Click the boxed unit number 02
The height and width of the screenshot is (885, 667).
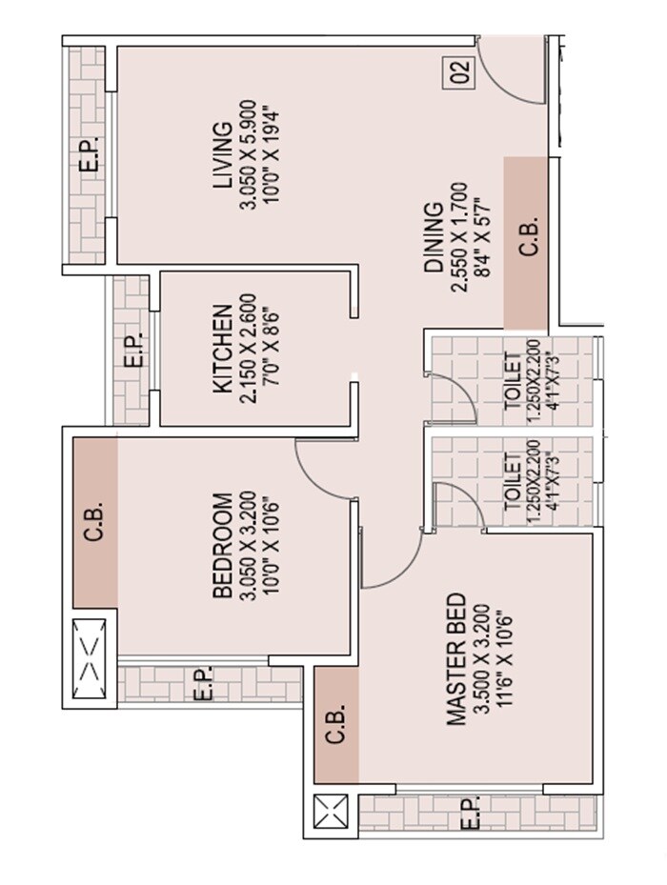click(460, 74)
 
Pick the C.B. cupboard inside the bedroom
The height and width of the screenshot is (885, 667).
click(94, 521)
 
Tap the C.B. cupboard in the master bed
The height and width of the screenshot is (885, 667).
click(336, 725)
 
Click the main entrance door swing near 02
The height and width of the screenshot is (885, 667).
click(510, 71)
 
